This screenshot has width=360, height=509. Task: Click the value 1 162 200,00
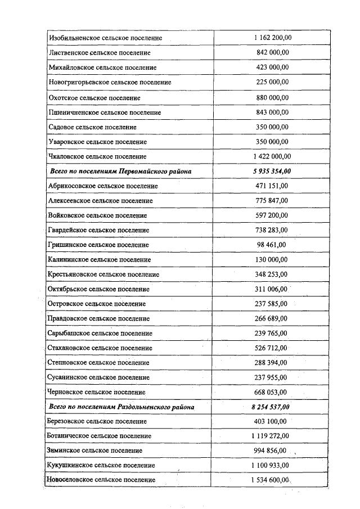272,38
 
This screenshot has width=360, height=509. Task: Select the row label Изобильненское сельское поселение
105,38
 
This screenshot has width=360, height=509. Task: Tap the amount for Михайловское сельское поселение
272,67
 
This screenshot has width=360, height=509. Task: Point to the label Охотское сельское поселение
94,97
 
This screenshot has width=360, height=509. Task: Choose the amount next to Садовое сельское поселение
272,127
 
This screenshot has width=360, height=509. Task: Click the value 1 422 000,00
272,156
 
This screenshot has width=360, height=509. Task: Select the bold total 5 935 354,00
272,171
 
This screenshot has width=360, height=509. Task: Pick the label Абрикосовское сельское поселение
103,186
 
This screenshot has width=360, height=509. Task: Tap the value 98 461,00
272,245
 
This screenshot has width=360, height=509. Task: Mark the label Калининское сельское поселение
100,260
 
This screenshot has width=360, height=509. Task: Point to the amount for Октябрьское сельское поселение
272,289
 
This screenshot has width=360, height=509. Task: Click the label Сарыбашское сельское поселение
100,334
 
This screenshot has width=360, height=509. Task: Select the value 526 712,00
272,348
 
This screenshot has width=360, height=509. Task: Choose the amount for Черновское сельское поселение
272,392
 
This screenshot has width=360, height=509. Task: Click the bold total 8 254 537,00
272,407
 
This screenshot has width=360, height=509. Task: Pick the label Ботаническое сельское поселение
100,436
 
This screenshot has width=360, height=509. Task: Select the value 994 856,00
272,451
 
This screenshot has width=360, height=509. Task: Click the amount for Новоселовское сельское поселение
272,480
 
